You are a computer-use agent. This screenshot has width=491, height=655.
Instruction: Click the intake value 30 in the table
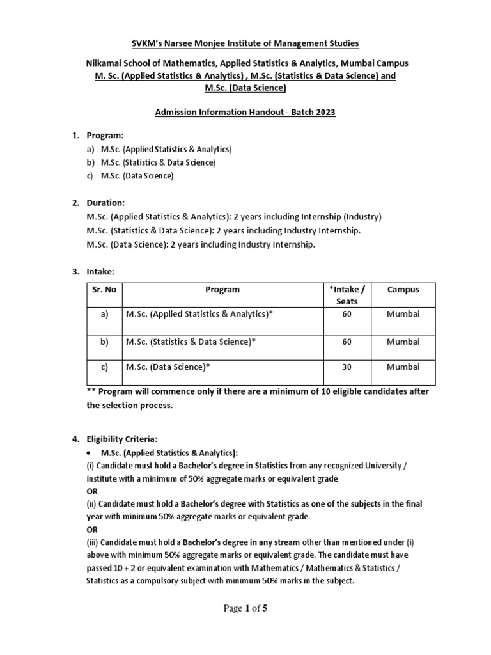[347, 367]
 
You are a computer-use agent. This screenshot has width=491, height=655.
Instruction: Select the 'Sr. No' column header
[104, 290]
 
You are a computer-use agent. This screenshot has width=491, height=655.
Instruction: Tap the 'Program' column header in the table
[222, 290]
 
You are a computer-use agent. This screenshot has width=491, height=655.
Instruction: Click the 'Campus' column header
[403, 290]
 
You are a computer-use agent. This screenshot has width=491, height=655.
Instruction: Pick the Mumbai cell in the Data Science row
[403, 367]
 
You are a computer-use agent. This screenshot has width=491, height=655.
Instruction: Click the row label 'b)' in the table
[104, 342]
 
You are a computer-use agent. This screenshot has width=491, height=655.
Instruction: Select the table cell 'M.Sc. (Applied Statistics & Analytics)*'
[196, 315]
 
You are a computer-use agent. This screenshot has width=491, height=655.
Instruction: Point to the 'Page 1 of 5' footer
[245, 608]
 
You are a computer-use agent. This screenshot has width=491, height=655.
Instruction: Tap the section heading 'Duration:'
[106, 203]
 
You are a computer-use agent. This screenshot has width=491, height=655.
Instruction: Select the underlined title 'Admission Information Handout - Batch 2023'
[245, 113]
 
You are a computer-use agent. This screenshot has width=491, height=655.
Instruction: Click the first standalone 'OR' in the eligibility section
[92, 492]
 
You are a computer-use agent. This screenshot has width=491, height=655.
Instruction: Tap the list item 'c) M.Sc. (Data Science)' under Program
[132, 176]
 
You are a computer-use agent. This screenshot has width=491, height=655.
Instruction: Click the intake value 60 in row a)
[347, 315]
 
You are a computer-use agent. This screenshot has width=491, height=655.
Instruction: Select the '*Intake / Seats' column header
[347, 295]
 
